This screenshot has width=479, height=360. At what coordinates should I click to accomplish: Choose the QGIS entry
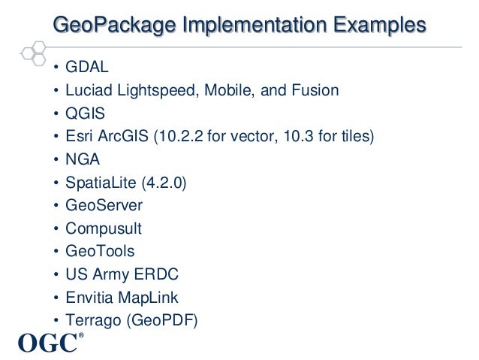coord(86,113)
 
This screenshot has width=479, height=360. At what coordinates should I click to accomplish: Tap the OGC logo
coord(47,343)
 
